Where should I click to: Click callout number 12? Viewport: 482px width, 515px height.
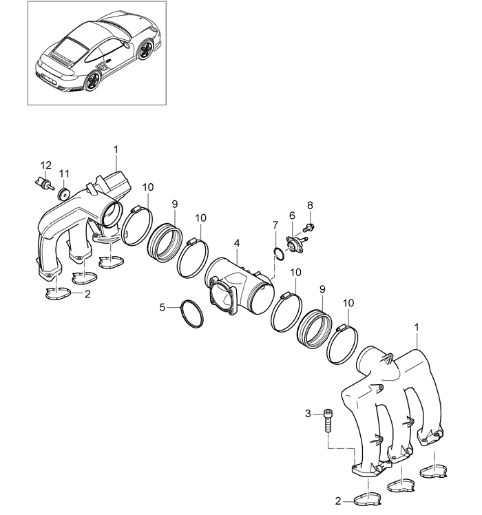tap(46, 165)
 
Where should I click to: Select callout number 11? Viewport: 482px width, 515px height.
tap(64, 173)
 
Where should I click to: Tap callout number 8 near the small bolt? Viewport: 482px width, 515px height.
tap(310, 205)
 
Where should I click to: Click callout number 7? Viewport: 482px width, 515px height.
tap(275, 225)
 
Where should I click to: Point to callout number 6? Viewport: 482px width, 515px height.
tap(292, 216)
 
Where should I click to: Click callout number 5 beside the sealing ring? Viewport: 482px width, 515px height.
tap(163, 307)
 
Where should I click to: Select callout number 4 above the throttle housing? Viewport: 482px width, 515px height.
tap(236, 243)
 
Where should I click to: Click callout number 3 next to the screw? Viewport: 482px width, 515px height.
tap(308, 413)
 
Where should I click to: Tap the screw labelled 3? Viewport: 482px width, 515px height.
tap(327, 419)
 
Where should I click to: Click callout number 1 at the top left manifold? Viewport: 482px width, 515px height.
tap(116, 148)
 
